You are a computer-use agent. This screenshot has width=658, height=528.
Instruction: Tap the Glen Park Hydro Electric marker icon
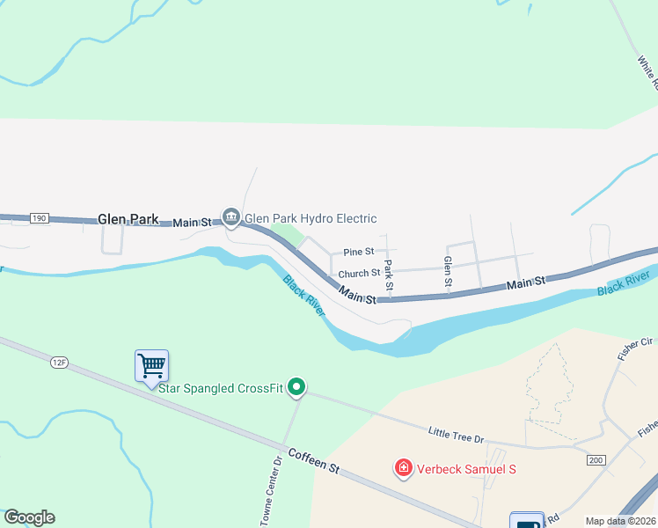(x=231, y=216)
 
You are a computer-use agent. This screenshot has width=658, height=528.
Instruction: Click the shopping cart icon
(x=151, y=364)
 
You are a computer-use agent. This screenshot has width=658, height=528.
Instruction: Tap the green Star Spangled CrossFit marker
(x=297, y=387)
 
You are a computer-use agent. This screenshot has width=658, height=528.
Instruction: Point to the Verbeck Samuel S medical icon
(x=404, y=467)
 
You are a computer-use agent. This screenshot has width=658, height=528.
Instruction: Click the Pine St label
(x=359, y=252)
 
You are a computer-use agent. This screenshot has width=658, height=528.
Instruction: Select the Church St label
(x=359, y=274)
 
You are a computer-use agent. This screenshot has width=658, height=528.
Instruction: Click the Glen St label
(x=448, y=272)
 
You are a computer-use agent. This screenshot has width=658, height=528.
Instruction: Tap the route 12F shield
(x=59, y=362)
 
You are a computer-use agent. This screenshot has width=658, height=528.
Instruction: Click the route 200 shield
(x=596, y=460)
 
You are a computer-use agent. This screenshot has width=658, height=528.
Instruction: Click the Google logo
(x=29, y=517)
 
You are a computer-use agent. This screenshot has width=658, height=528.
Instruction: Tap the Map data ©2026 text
(x=621, y=521)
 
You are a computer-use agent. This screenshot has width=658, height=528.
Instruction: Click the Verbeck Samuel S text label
(x=466, y=469)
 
